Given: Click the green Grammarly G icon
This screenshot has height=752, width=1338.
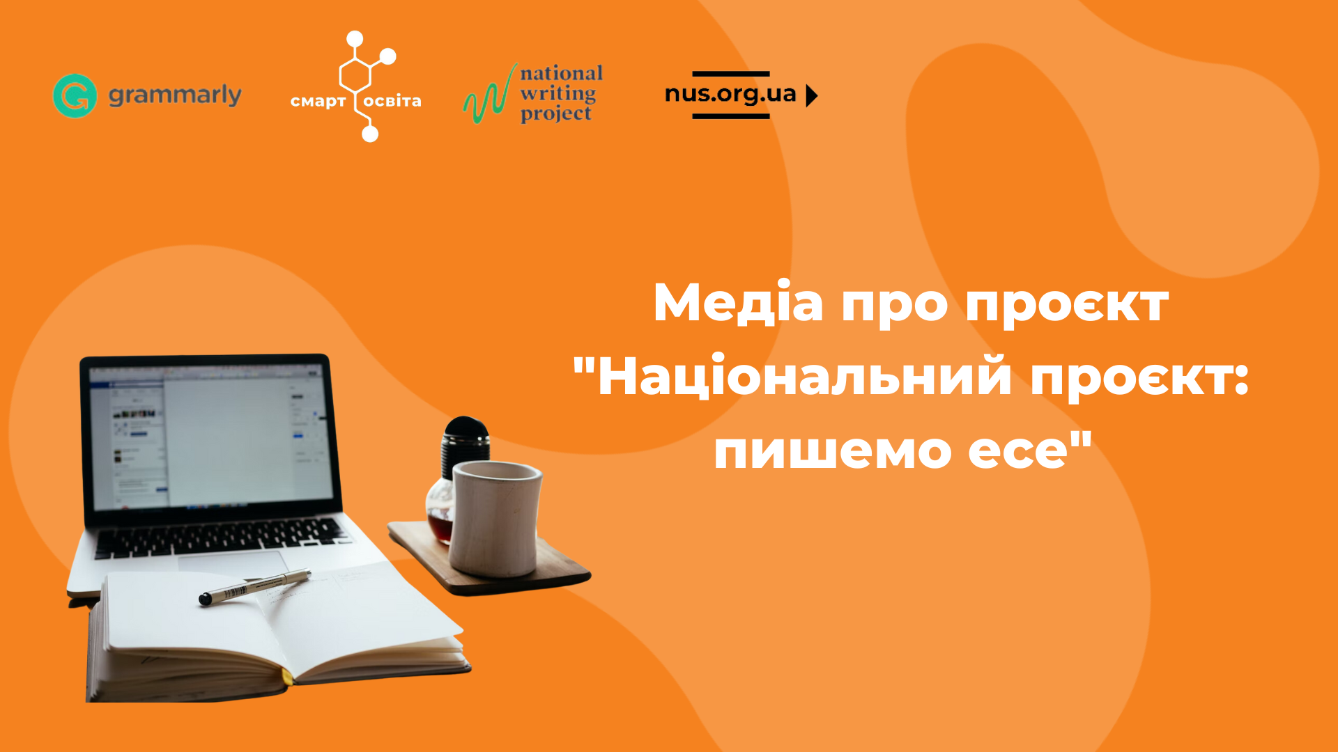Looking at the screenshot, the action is click(75, 95).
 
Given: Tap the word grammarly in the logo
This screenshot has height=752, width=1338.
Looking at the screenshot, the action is click(175, 95).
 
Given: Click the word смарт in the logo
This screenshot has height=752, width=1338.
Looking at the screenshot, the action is click(318, 102).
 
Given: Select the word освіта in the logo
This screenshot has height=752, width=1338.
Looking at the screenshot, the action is click(392, 101).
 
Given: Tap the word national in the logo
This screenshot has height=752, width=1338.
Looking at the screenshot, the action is click(561, 73).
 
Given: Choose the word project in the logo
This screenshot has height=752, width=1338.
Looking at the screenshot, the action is click(556, 113).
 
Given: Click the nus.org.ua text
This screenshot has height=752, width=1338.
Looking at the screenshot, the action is click(730, 94).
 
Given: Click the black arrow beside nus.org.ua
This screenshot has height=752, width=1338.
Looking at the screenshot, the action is click(812, 95).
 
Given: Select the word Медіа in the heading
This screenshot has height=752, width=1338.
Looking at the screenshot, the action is click(738, 303).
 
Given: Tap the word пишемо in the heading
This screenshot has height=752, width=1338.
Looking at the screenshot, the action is click(832, 451).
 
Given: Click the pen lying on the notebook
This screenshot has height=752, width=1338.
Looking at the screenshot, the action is click(255, 587).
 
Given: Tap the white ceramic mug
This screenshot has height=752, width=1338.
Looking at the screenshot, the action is click(495, 518).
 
